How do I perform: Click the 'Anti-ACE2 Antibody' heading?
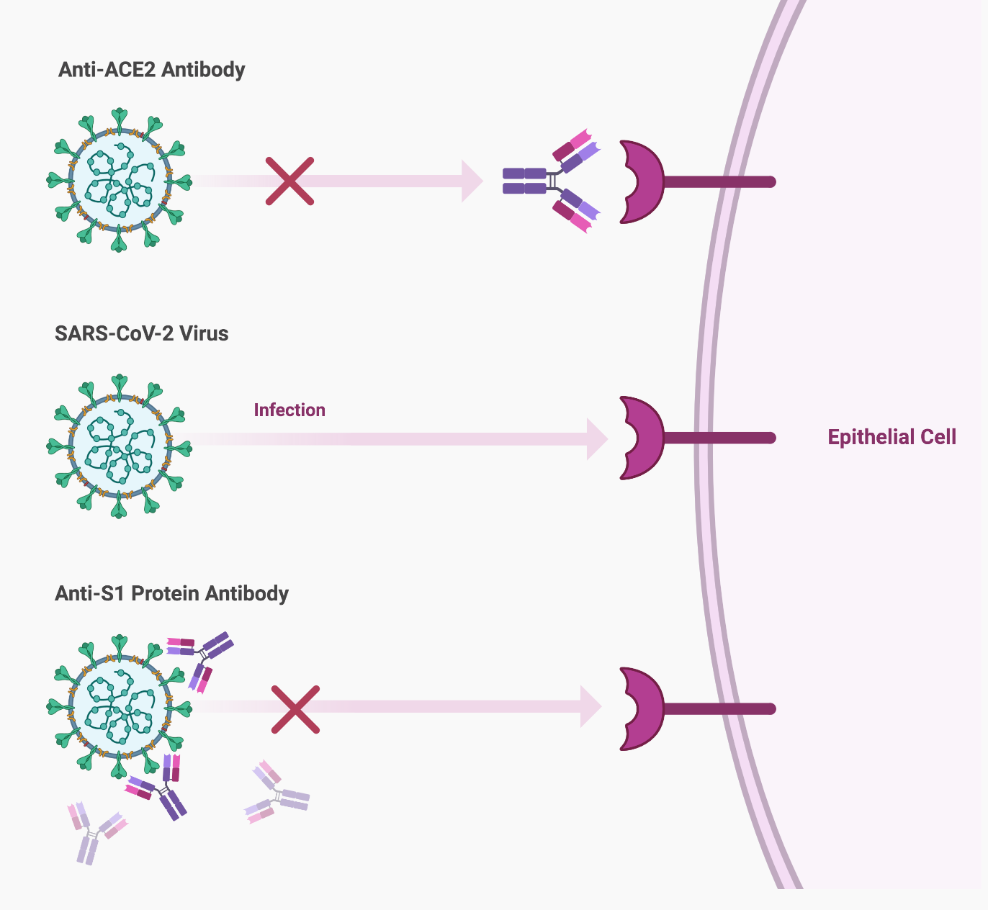151,70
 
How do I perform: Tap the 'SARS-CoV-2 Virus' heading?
141,334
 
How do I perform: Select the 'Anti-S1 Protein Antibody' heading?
171,593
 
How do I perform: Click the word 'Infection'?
289,410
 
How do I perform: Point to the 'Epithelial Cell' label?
892,437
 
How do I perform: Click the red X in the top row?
289,181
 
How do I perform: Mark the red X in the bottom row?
295,709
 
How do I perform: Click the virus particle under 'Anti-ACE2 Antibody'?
119,180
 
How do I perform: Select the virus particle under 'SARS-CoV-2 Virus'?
119,446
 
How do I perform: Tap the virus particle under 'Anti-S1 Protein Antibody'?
119,706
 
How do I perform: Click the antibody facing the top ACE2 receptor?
551,181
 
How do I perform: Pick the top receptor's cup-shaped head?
642,181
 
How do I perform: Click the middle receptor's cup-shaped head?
642,438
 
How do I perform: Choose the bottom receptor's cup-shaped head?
642,709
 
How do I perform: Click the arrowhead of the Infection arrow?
598,438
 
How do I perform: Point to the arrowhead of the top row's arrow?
472,181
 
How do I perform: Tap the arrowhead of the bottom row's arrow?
591,706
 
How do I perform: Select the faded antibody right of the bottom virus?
277,793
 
